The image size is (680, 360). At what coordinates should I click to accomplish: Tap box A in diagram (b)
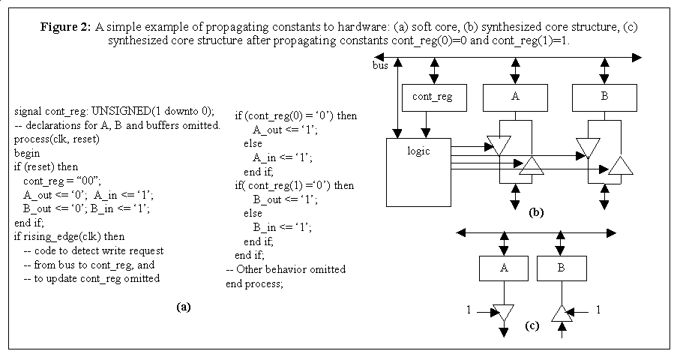[514, 97]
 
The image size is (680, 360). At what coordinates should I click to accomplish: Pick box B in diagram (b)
[604, 97]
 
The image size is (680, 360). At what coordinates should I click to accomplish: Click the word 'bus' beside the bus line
[380, 66]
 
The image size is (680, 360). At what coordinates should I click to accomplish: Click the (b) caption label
[535, 212]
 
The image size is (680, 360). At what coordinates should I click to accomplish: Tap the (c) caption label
[532, 325]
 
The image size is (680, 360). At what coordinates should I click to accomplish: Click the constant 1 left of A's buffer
[467, 309]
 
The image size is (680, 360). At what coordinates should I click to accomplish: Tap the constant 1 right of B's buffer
[598, 309]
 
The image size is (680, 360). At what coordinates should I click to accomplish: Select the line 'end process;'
[254, 283]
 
